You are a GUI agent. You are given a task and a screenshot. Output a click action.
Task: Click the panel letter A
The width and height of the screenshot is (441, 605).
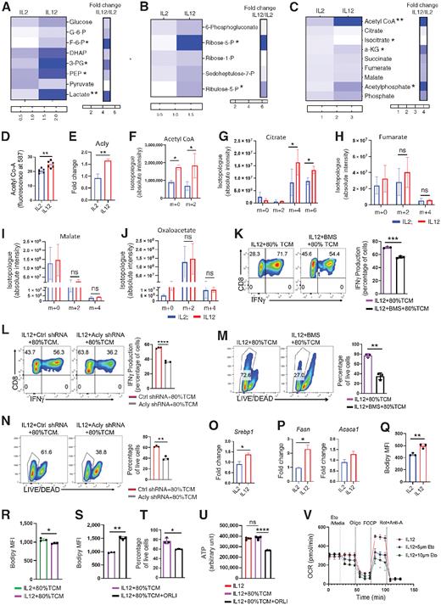(6, 7)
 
